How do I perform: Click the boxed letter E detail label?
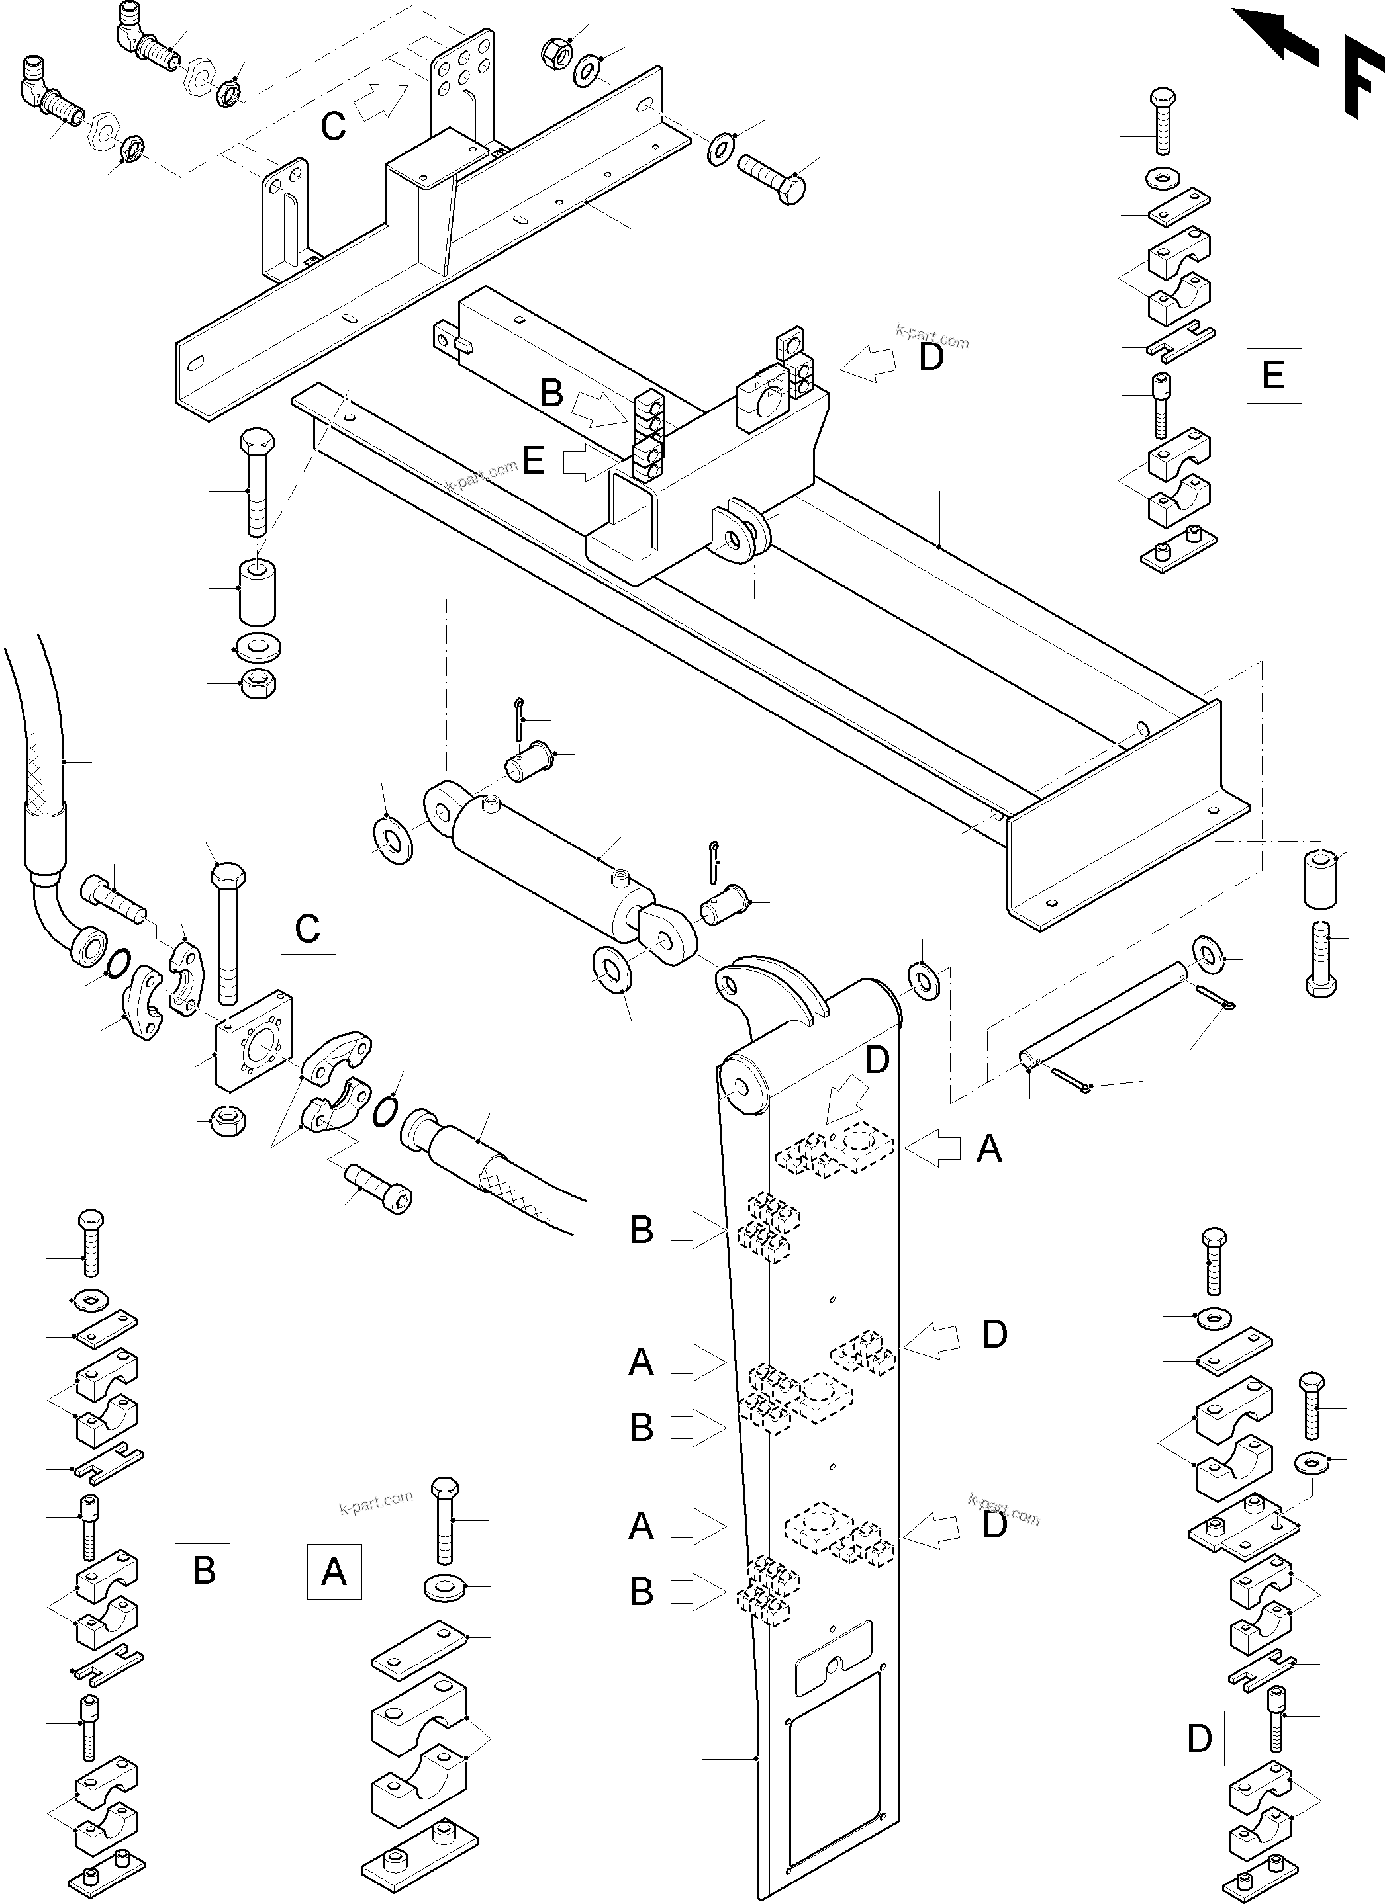pos(1273,374)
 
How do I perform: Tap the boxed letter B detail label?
pos(203,1570)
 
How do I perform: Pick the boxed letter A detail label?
pos(334,1570)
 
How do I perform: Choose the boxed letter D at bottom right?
pos(1198,1738)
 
